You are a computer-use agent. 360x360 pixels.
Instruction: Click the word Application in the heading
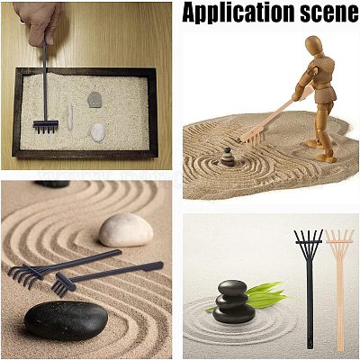pos(238,13)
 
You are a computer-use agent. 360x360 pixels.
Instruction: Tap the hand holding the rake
pos(38,22)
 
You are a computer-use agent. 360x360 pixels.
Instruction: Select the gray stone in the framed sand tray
pos(94,100)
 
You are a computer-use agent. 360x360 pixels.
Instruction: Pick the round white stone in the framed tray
pos(98,132)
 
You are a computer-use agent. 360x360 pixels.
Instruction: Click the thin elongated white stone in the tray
pos(70,117)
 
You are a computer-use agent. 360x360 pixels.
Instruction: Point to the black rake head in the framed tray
pos(46,126)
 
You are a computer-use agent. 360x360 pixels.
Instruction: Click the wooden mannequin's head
pos(314,45)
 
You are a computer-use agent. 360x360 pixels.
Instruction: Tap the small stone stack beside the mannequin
pos(228,157)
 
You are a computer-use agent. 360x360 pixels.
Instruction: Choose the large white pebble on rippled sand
pos(126,230)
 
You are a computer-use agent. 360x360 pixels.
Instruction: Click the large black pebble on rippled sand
pos(66,320)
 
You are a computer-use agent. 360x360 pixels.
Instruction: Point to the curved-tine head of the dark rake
pos(26,274)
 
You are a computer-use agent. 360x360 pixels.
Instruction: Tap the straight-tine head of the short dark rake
pos(63,285)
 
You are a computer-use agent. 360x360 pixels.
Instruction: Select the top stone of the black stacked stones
pos(232,288)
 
